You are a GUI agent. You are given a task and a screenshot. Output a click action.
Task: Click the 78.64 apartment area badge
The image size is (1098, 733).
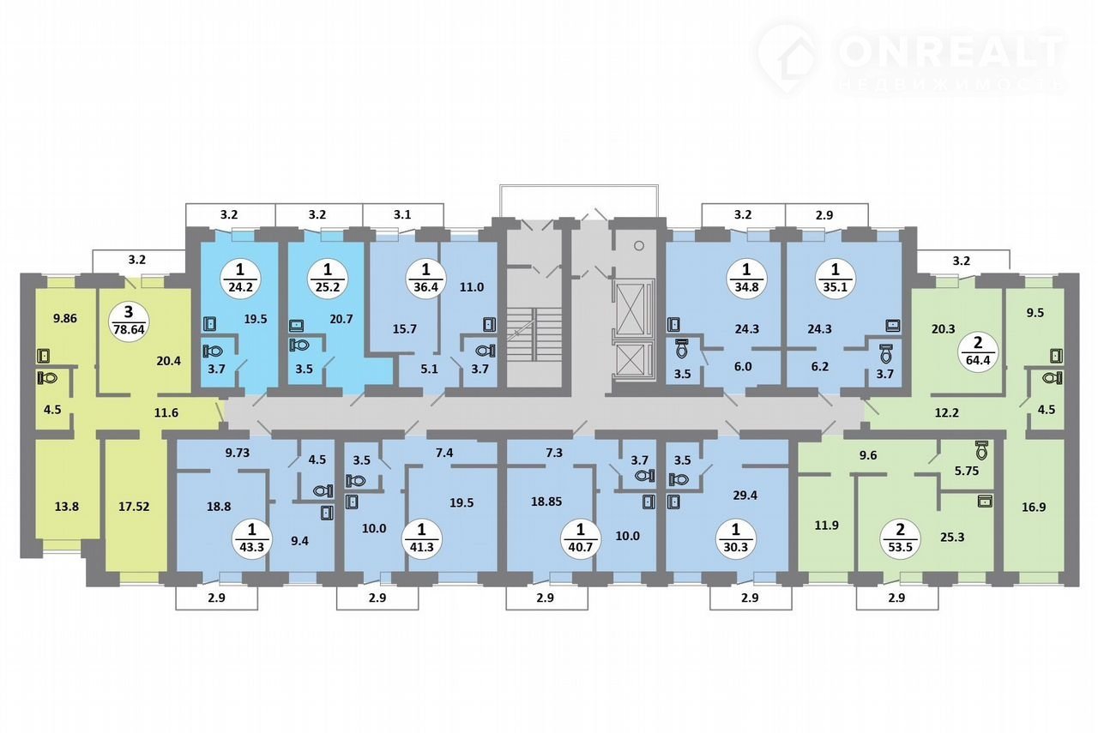click(129, 321)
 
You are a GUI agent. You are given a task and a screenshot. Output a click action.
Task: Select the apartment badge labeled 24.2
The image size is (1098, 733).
click(240, 279)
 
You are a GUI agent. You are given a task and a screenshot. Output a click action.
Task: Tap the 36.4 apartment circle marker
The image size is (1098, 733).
click(425, 279)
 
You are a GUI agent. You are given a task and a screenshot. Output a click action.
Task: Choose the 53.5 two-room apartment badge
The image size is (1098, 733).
click(901, 539)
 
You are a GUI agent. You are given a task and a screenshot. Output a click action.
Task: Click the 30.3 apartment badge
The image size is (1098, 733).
click(735, 539)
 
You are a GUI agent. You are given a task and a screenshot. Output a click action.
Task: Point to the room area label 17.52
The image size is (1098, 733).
click(134, 507)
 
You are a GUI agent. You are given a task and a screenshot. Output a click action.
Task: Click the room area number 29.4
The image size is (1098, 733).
click(745, 496)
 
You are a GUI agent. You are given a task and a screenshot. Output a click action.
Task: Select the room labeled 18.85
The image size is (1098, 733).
click(546, 502)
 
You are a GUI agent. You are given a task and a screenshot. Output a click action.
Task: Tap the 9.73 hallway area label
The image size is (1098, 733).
click(238, 453)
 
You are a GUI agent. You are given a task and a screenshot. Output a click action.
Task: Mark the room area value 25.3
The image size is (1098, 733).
click(952, 537)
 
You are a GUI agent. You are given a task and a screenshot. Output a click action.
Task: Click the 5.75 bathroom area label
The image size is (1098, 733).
click(967, 471)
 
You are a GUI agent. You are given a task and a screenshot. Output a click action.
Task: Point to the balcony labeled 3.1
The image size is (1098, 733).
click(402, 214)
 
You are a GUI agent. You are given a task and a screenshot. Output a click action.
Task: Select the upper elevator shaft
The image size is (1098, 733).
click(633, 309)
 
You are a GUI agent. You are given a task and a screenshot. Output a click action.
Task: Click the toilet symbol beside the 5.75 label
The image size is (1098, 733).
click(981, 450)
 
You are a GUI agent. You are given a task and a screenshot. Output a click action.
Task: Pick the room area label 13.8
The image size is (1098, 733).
click(67, 507)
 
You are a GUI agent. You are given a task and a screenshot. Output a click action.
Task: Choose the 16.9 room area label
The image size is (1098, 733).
click(1034, 508)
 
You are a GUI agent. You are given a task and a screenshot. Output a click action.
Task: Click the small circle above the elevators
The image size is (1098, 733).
click(639, 245)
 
